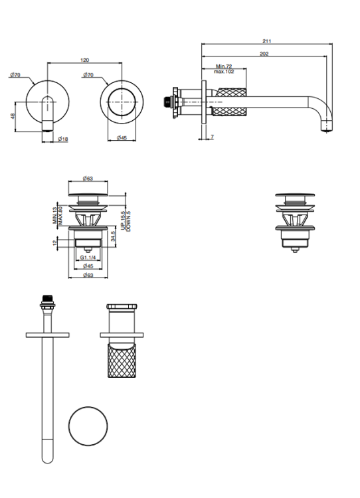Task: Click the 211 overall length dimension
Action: [267, 41]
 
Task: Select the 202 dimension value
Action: [264, 54]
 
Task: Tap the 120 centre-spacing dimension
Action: [85, 60]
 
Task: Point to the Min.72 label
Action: [224, 66]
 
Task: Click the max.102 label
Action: [224, 72]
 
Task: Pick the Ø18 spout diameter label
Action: [63, 139]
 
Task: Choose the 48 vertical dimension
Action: [13, 116]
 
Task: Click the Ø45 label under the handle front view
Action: [122, 138]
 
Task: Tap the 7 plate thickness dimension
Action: [213, 137]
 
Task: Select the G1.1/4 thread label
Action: [88, 257]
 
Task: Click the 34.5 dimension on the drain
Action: [114, 236]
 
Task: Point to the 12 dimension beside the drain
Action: [54, 242]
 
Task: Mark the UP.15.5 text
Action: [124, 220]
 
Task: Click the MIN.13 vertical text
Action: [54, 215]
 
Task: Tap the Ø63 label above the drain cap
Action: [88, 179]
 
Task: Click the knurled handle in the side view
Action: [230, 102]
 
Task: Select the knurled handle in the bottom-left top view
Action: [122, 360]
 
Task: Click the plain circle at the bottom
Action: [88, 406]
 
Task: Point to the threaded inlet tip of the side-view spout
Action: [165, 102]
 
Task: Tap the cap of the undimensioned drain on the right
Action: [295, 195]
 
